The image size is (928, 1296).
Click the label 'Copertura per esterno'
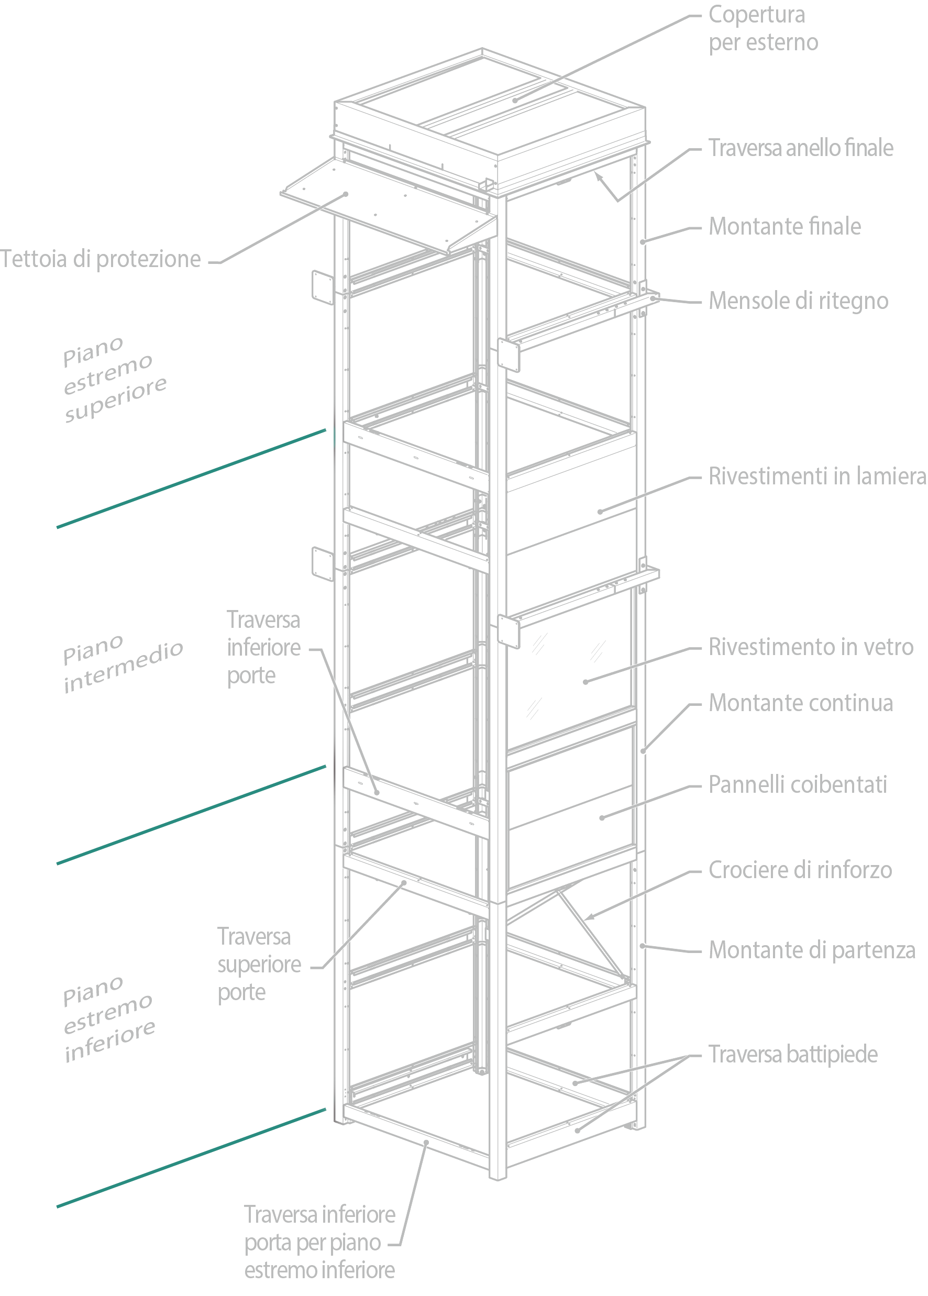click(x=763, y=29)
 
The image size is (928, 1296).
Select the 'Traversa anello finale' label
click(x=801, y=148)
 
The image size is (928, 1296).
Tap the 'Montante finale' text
click(x=785, y=226)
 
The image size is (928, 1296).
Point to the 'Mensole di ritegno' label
click(x=798, y=301)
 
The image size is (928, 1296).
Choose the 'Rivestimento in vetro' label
click(x=811, y=647)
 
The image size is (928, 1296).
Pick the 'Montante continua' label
click(x=801, y=703)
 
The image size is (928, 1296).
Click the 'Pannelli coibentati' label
click(x=798, y=784)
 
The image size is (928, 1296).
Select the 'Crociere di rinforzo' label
click(x=800, y=870)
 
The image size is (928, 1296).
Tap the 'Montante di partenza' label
click(x=812, y=950)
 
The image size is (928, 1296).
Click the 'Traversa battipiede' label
click(x=793, y=1054)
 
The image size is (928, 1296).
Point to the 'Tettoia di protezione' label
click(x=101, y=259)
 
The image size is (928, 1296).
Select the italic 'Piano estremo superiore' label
click(x=114, y=380)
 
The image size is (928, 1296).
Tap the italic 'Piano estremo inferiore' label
click(x=108, y=1020)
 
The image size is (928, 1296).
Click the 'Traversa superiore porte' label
click(x=259, y=965)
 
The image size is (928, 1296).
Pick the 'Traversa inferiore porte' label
click(x=263, y=647)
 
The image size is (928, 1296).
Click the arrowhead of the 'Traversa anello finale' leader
click(x=597, y=175)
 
